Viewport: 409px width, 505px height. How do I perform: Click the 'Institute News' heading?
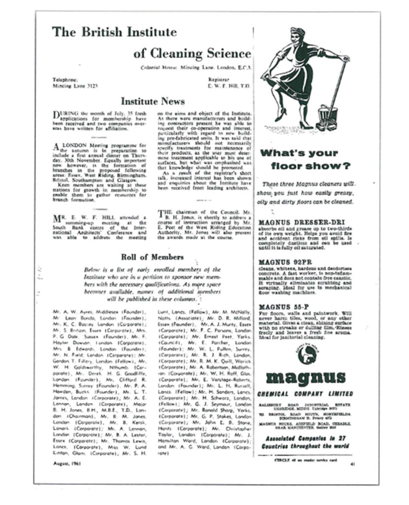(x=153, y=102)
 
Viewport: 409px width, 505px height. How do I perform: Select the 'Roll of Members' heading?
(x=152, y=257)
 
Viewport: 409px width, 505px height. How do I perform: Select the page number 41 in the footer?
(x=352, y=464)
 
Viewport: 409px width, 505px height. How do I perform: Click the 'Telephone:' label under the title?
(x=65, y=79)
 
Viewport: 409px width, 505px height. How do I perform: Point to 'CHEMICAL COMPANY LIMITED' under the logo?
(x=305, y=394)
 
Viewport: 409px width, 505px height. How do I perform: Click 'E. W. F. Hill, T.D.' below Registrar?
(x=230, y=86)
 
